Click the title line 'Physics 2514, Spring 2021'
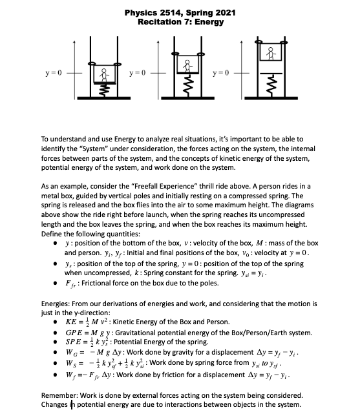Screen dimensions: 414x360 pyautogui.click(x=180, y=13)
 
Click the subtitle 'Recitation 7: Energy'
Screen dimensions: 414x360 pyautogui.click(x=180, y=22)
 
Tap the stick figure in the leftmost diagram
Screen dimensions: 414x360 pyautogui.click(x=102, y=74)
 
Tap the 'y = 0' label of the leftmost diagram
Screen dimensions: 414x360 pyautogui.click(x=52, y=71)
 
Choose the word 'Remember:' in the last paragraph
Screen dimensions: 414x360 pyautogui.click(x=60, y=394)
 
